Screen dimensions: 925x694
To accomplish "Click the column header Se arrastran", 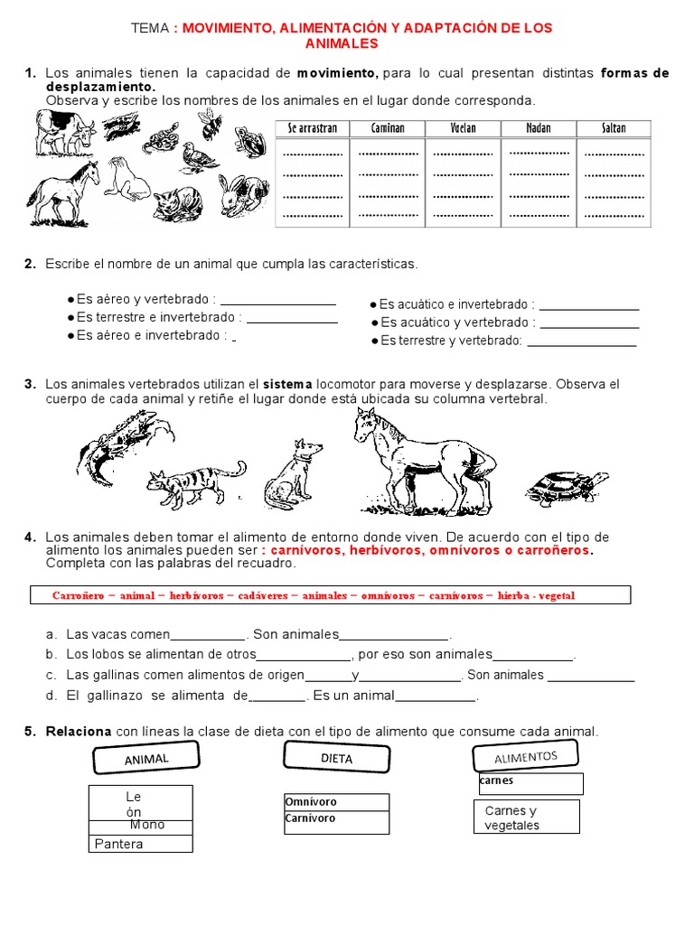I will pyautogui.click(x=313, y=128).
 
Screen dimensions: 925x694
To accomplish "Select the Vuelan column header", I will pyautogui.click(x=463, y=128).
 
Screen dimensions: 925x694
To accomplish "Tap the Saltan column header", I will pyautogui.click(x=614, y=128).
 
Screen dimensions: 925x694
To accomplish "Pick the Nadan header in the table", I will pyautogui.click(x=539, y=128).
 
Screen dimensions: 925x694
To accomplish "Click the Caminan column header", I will pyautogui.click(x=388, y=128).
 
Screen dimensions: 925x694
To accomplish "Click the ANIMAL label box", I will pyautogui.click(x=146, y=759).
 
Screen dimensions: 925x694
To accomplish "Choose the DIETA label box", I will pyautogui.click(x=336, y=759).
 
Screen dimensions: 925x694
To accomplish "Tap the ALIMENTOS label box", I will pyautogui.click(x=525, y=756).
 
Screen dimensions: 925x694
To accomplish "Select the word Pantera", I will pyautogui.click(x=119, y=844).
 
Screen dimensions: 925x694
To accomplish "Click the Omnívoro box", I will pyautogui.click(x=335, y=802).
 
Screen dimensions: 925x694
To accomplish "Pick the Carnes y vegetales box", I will pyautogui.click(x=526, y=818).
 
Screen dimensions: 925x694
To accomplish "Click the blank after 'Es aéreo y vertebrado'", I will pyautogui.click(x=277, y=301).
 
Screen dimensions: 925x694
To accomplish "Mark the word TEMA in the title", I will pyautogui.click(x=150, y=28).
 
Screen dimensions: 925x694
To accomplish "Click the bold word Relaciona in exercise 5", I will pyautogui.click(x=79, y=731).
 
